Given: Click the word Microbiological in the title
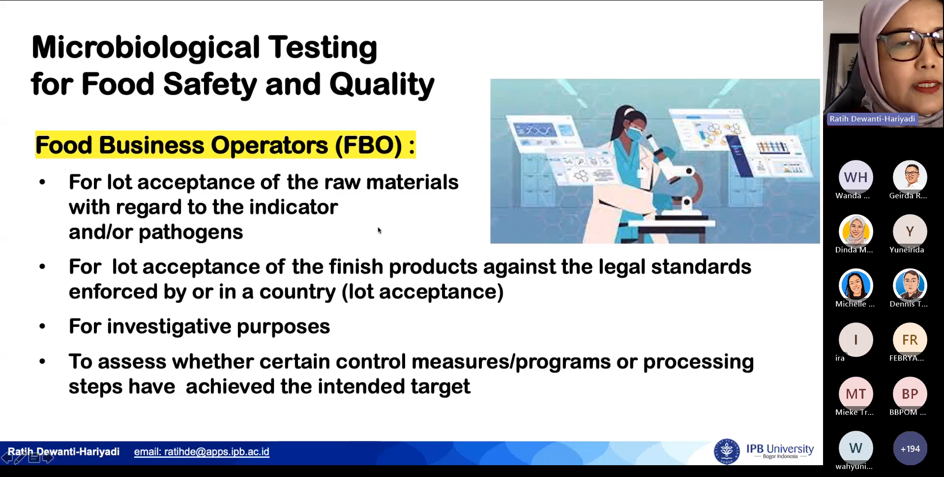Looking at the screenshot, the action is [146, 48].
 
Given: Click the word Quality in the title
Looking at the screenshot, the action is [382, 84].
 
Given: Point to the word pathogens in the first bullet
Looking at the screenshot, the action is [191, 232].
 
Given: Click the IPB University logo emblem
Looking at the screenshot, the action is [727, 451].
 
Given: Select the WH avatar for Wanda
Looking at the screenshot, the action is [855, 177].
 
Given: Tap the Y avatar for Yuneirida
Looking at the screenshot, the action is [910, 231].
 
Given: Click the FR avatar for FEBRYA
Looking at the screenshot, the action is [910, 340].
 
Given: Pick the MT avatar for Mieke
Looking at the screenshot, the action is [855, 394].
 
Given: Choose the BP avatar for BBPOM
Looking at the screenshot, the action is [910, 394].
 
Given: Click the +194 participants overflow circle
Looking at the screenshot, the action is [910, 448].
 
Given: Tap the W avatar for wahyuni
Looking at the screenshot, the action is [855, 448].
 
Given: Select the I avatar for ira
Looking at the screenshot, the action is [855, 340].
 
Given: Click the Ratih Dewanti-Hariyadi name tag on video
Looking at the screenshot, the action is [872, 119].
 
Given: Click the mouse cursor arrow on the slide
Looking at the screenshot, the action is [380, 230].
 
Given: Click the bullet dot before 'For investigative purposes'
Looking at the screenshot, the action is [42, 327].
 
